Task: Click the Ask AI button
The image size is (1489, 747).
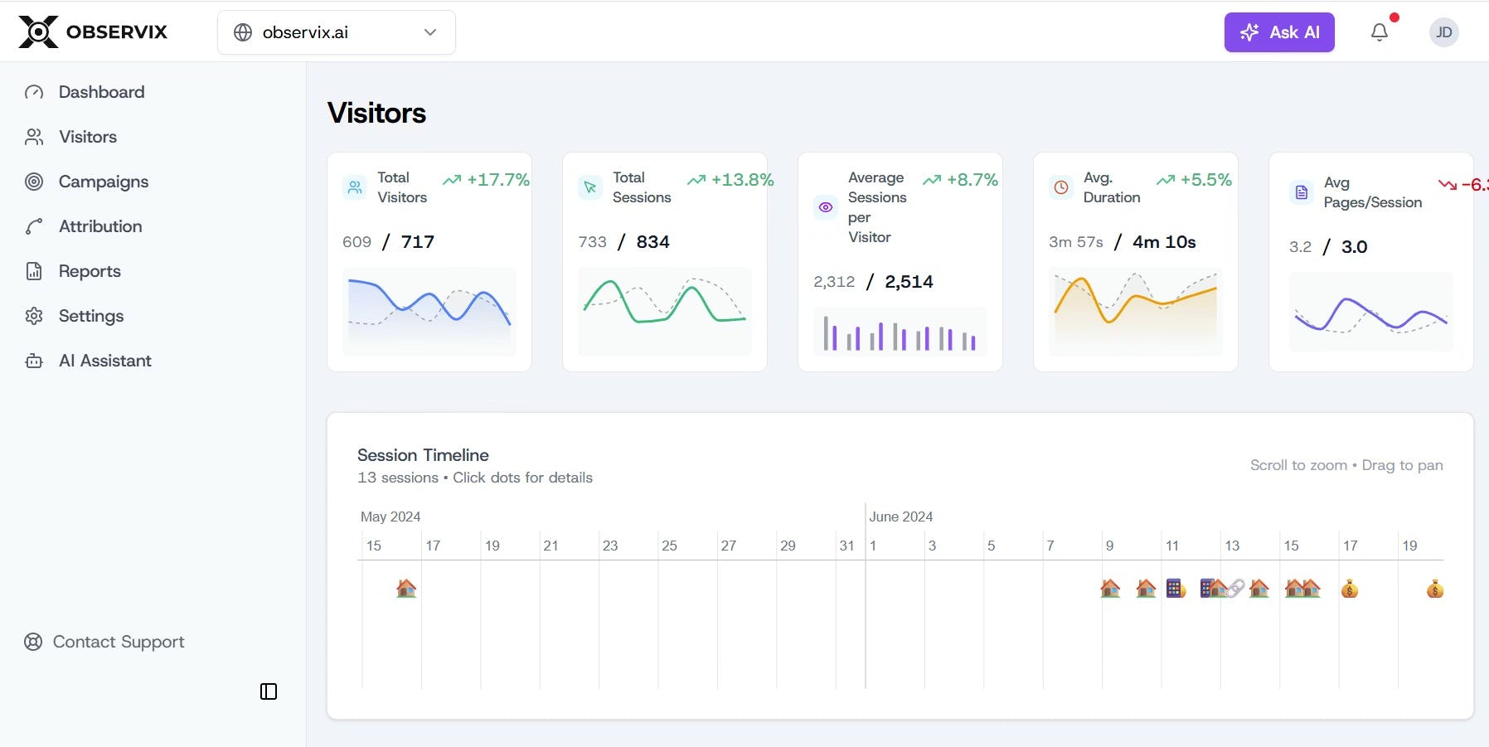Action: click(x=1278, y=32)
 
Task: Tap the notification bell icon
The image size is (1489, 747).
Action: click(x=1380, y=32)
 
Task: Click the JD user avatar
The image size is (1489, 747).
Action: click(x=1443, y=32)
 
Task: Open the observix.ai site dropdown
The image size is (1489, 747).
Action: click(x=336, y=32)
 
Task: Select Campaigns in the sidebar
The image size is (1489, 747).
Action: click(x=103, y=182)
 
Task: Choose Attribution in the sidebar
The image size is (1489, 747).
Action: click(x=99, y=226)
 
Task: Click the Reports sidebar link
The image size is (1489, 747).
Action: click(x=89, y=271)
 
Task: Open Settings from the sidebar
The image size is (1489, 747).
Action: click(x=90, y=316)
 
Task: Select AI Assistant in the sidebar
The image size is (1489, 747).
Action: click(x=104, y=361)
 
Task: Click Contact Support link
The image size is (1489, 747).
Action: click(x=118, y=642)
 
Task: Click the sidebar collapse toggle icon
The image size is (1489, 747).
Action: click(x=269, y=691)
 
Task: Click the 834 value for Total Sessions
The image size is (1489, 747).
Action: click(x=652, y=242)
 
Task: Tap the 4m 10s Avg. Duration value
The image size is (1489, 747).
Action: click(x=1164, y=242)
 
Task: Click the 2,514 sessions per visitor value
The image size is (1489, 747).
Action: click(x=909, y=282)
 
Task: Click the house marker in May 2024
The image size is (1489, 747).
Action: click(x=406, y=589)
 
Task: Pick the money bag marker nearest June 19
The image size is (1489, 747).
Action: click(x=1435, y=589)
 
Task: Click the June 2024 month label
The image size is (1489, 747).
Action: click(x=900, y=517)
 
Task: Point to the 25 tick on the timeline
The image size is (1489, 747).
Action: click(x=669, y=546)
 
